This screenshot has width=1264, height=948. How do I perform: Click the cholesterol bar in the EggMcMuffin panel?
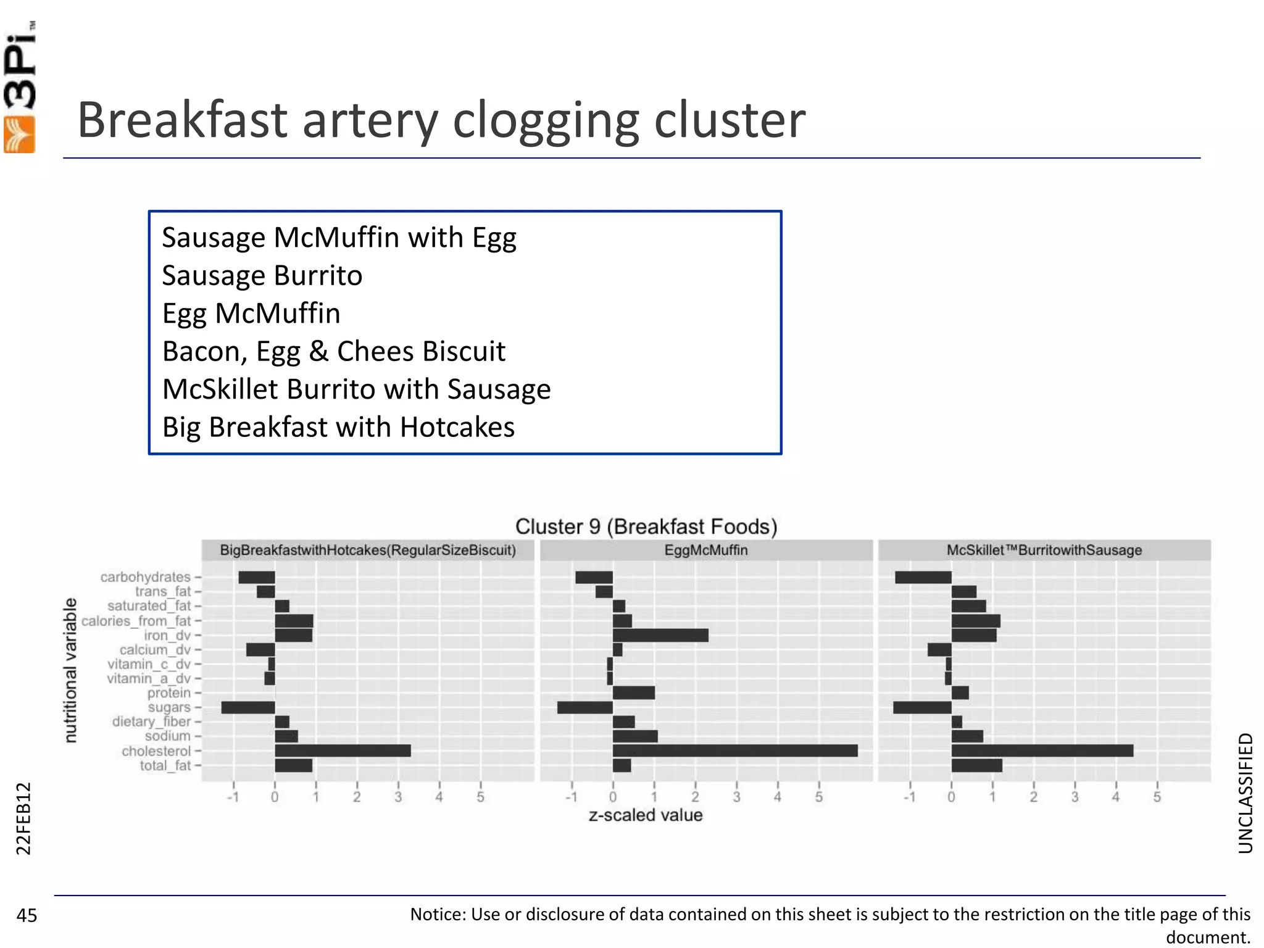734,750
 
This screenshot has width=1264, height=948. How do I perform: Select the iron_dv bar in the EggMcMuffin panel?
660,635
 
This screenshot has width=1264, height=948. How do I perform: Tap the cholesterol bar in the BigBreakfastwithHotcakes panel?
343,750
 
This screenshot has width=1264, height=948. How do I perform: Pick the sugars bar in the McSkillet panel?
922,707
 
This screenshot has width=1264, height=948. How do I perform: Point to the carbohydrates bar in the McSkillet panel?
923,577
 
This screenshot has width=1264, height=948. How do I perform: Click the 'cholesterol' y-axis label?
156,751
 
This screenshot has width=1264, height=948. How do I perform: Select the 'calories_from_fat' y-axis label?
136,621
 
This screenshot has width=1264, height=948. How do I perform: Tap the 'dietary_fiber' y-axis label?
151,721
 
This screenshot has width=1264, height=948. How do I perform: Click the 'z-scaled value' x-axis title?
646,815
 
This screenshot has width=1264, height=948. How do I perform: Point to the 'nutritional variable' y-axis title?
71,670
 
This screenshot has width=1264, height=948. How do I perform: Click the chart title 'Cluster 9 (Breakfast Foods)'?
646,526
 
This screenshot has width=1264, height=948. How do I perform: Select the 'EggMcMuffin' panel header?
706,550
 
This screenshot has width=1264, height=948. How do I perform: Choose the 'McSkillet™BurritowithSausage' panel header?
1044,550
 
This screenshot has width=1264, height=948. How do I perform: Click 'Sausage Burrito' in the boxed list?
262,275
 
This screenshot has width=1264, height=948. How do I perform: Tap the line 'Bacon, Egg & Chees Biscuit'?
334,351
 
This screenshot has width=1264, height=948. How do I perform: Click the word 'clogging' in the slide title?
546,120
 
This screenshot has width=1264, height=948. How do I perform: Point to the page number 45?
27,915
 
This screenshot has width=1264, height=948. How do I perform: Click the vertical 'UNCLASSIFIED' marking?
1245,793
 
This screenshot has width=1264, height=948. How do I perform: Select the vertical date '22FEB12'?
23,818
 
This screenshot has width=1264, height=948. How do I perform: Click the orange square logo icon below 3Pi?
20,135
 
